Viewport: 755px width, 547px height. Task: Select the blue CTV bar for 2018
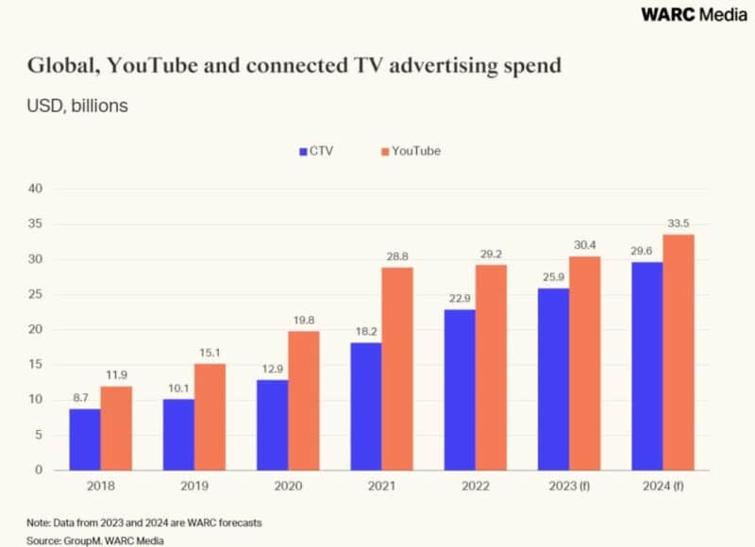85,439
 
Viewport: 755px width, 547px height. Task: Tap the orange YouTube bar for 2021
396,368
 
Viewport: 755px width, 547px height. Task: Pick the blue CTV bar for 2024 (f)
647,366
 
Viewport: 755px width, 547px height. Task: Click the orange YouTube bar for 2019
210,416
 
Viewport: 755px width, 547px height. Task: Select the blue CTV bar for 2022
461,389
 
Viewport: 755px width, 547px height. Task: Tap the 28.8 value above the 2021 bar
397,256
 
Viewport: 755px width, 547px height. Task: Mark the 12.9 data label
273,368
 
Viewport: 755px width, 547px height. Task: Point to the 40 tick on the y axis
36,189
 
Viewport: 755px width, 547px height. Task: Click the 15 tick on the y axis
36,364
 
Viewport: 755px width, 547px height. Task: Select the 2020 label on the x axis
288,488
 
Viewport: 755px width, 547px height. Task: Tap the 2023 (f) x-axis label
568,488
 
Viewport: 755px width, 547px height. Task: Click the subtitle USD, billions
76,106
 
